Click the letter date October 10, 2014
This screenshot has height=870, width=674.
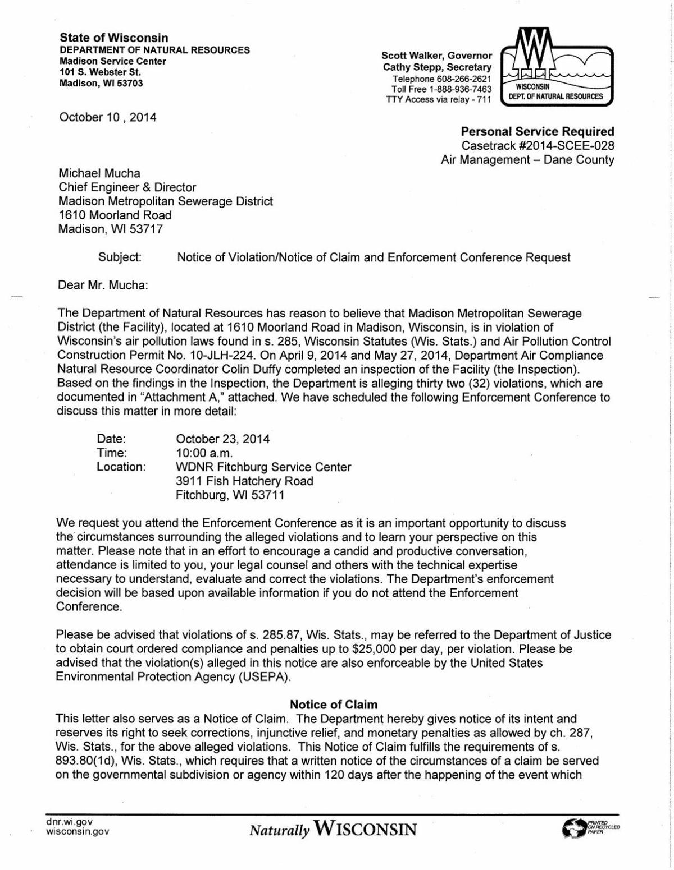[x=108, y=117]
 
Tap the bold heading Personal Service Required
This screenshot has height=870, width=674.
[x=537, y=132]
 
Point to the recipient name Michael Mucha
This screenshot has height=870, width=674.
[x=99, y=173]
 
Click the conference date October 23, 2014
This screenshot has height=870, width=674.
[x=223, y=439]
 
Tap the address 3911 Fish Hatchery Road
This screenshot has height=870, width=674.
[x=244, y=481]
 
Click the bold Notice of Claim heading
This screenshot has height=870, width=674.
[x=334, y=705]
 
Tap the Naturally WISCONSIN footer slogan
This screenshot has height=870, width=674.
[x=333, y=829]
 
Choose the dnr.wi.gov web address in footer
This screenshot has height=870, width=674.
[x=69, y=822]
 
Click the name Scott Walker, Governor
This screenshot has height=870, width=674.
[x=436, y=56]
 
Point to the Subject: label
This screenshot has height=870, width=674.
[x=120, y=257]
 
